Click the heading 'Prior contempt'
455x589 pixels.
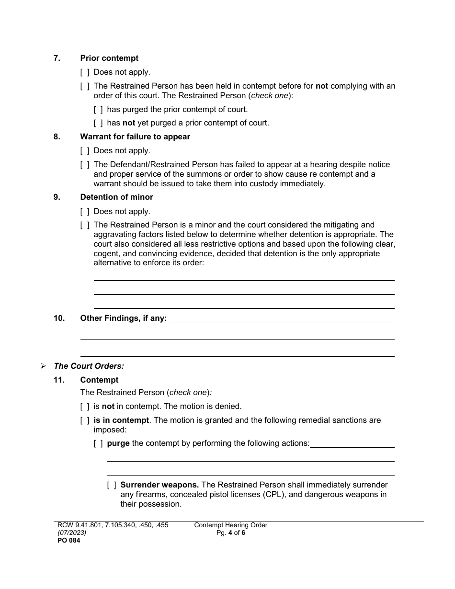click(109, 58)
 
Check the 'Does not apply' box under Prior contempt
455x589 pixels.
click(85, 72)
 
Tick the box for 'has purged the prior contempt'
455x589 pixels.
click(98, 109)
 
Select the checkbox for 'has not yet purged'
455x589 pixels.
click(98, 123)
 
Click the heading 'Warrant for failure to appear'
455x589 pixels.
click(135, 136)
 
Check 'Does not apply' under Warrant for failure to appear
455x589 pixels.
click(85, 151)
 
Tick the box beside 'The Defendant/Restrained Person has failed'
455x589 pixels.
click(85, 165)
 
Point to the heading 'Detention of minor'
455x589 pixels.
click(116, 197)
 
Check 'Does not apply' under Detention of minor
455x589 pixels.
click(85, 211)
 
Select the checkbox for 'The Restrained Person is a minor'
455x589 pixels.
click(85, 225)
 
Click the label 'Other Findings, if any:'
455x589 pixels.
click(124, 318)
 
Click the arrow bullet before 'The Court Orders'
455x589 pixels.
click(44, 366)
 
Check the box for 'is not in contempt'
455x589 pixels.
click(85, 407)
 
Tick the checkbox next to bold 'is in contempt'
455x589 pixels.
click(85, 420)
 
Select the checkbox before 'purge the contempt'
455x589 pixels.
click(98, 443)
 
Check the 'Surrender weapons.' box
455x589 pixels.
click(112, 485)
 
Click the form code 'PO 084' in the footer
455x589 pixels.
click(63, 541)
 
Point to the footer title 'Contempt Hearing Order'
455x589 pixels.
click(230, 525)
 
